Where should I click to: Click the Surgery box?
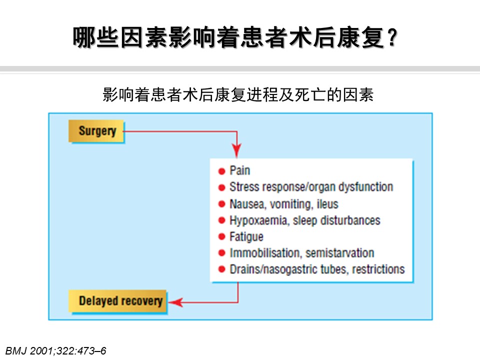coord(96,131)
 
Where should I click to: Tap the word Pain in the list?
coord(239,170)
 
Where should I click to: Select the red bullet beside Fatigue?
coord(221,236)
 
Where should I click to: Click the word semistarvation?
coord(340,253)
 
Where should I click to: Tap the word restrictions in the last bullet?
coord(378,269)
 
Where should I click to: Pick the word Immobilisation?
coord(265,253)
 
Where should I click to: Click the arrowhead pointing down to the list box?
coord(236,150)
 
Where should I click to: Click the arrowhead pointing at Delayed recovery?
coord(175,302)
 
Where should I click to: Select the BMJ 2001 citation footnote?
coord(55,351)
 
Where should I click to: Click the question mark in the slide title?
coord(391,37)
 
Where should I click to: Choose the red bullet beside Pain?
coord(221,171)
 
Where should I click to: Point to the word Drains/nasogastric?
coord(273,269)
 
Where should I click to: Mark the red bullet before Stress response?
coord(221,187)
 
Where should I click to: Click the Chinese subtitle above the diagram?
coord(238,94)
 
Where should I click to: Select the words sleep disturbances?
coord(336,220)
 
